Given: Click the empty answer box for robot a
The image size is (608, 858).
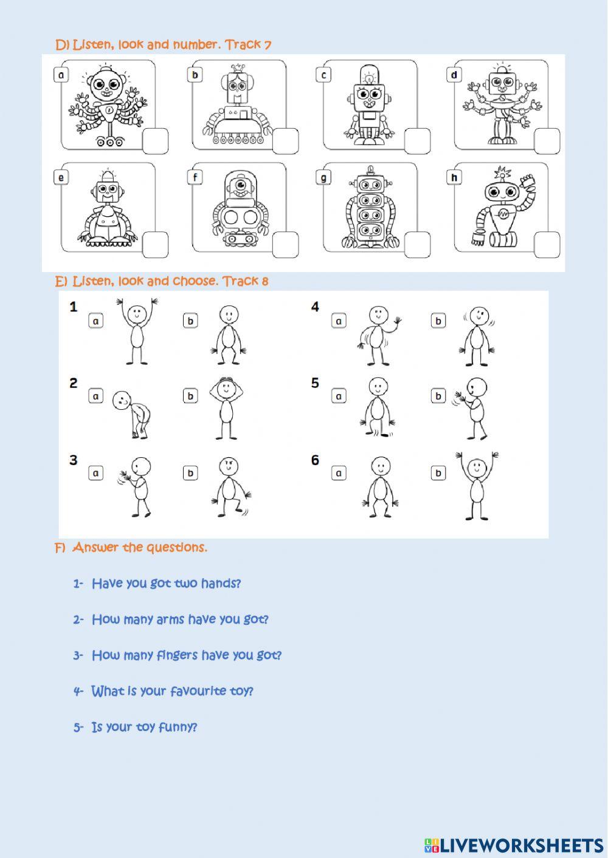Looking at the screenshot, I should [155, 141].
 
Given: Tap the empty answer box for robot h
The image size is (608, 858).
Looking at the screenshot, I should [547, 245].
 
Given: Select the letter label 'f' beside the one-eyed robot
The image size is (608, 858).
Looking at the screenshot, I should [195, 178].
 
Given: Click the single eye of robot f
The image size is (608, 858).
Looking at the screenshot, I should [241, 184].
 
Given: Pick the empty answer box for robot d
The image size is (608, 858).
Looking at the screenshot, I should [547, 141].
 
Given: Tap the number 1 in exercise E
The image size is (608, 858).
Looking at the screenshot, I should [74, 307].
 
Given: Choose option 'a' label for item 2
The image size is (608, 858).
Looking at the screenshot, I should [96, 396].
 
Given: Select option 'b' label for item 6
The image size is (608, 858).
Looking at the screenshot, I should [438, 472].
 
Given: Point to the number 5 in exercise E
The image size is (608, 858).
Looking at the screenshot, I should [315, 383].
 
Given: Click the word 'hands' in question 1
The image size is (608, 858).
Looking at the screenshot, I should [220, 584].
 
